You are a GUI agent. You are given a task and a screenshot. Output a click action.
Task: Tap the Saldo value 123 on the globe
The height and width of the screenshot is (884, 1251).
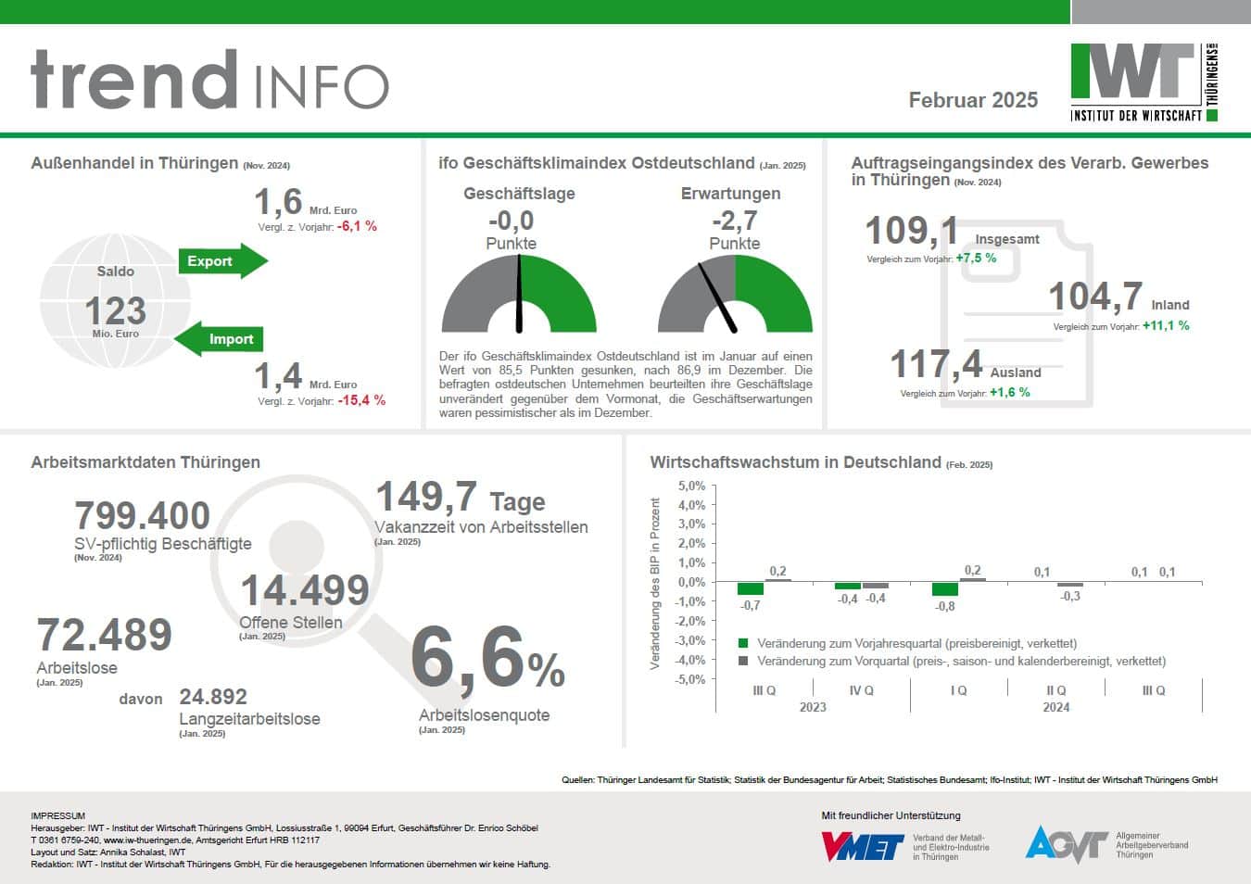(x=115, y=310)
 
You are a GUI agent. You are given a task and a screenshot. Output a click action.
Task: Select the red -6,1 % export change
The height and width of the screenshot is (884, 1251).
(x=357, y=226)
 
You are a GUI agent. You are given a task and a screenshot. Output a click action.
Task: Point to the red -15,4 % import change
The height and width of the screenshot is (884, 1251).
(x=361, y=400)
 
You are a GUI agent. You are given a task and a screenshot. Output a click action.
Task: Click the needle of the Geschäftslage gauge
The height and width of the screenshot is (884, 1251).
(x=519, y=292)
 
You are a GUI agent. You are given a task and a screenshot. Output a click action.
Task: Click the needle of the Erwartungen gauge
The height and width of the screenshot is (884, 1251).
(x=716, y=297)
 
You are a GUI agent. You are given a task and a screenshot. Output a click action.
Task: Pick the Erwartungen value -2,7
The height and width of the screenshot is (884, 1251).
(x=734, y=221)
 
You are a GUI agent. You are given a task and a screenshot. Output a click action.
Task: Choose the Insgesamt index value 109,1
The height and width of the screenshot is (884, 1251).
(x=911, y=230)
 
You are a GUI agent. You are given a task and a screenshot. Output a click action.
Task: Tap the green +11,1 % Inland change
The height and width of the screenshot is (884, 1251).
(x=1166, y=326)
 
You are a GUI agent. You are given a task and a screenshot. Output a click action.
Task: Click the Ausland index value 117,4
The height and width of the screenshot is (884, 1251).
(x=936, y=364)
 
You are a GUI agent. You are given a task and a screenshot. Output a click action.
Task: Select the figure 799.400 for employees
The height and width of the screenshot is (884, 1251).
(x=142, y=515)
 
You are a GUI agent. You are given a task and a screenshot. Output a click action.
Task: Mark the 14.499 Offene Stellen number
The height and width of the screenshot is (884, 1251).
(x=305, y=590)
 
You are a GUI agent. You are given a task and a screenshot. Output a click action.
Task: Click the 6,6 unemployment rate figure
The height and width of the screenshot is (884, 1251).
(x=468, y=659)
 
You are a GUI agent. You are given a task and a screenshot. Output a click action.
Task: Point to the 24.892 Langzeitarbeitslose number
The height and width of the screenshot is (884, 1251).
(x=213, y=697)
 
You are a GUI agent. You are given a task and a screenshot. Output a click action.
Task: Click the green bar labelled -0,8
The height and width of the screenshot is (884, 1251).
(x=945, y=589)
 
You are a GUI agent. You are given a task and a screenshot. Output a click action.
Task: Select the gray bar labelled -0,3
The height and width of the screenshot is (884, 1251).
(x=1069, y=585)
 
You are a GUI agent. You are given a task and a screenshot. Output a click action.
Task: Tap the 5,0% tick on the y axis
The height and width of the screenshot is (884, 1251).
(x=691, y=486)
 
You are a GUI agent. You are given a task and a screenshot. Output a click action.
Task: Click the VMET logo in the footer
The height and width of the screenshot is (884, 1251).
(x=862, y=845)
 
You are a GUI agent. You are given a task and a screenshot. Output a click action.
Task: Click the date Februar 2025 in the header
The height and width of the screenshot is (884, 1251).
(x=973, y=100)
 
